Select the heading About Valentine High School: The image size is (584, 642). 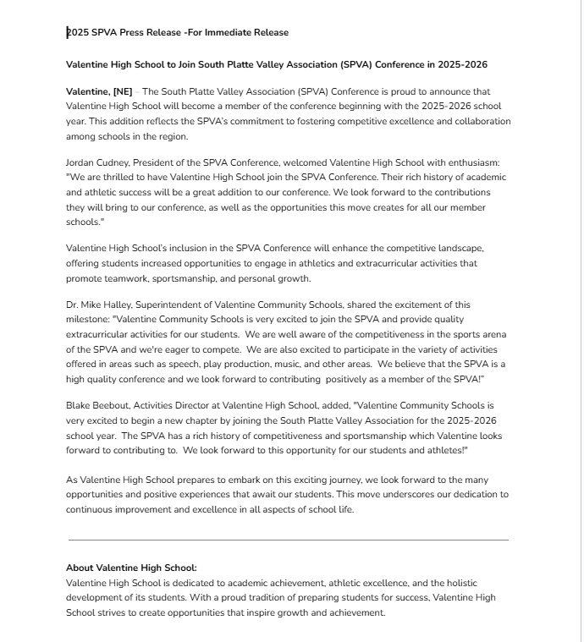tap(131, 568)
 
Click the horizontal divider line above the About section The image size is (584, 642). tap(288, 540)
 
